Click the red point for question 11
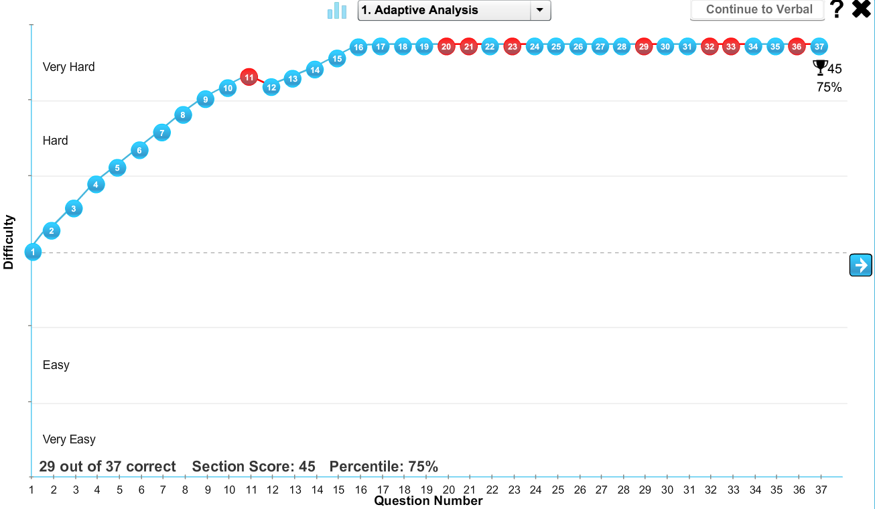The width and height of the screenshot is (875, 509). coord(249,78)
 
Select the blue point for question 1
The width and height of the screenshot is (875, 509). coord(32,252)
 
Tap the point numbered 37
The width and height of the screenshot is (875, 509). coord(819,46)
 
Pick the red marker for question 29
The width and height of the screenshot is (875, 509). coord(644,46)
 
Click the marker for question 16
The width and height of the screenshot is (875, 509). coord(358,47)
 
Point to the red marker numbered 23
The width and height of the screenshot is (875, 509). coord(513,46)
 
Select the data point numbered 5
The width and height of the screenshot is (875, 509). coord(117,167)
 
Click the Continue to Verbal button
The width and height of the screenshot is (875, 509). coord(758,10)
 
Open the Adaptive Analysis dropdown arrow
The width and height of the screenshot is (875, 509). coord(539,10)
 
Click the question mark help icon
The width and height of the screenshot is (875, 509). coord(837,9)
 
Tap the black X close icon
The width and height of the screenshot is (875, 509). coord(861,9)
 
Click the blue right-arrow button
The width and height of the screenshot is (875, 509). coord(860,265)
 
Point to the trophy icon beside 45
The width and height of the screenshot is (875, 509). coord(819,67)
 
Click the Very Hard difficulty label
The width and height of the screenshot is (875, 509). coord(69,67)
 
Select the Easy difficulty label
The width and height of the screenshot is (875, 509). coord(56,365)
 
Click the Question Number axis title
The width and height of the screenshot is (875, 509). coord(428,501)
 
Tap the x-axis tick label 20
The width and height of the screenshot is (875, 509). coord(449,490)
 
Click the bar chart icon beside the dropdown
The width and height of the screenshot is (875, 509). coord(337,11)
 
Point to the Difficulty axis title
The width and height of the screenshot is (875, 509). coord(9,242)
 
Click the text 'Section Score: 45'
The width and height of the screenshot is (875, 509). coord(253,466)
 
